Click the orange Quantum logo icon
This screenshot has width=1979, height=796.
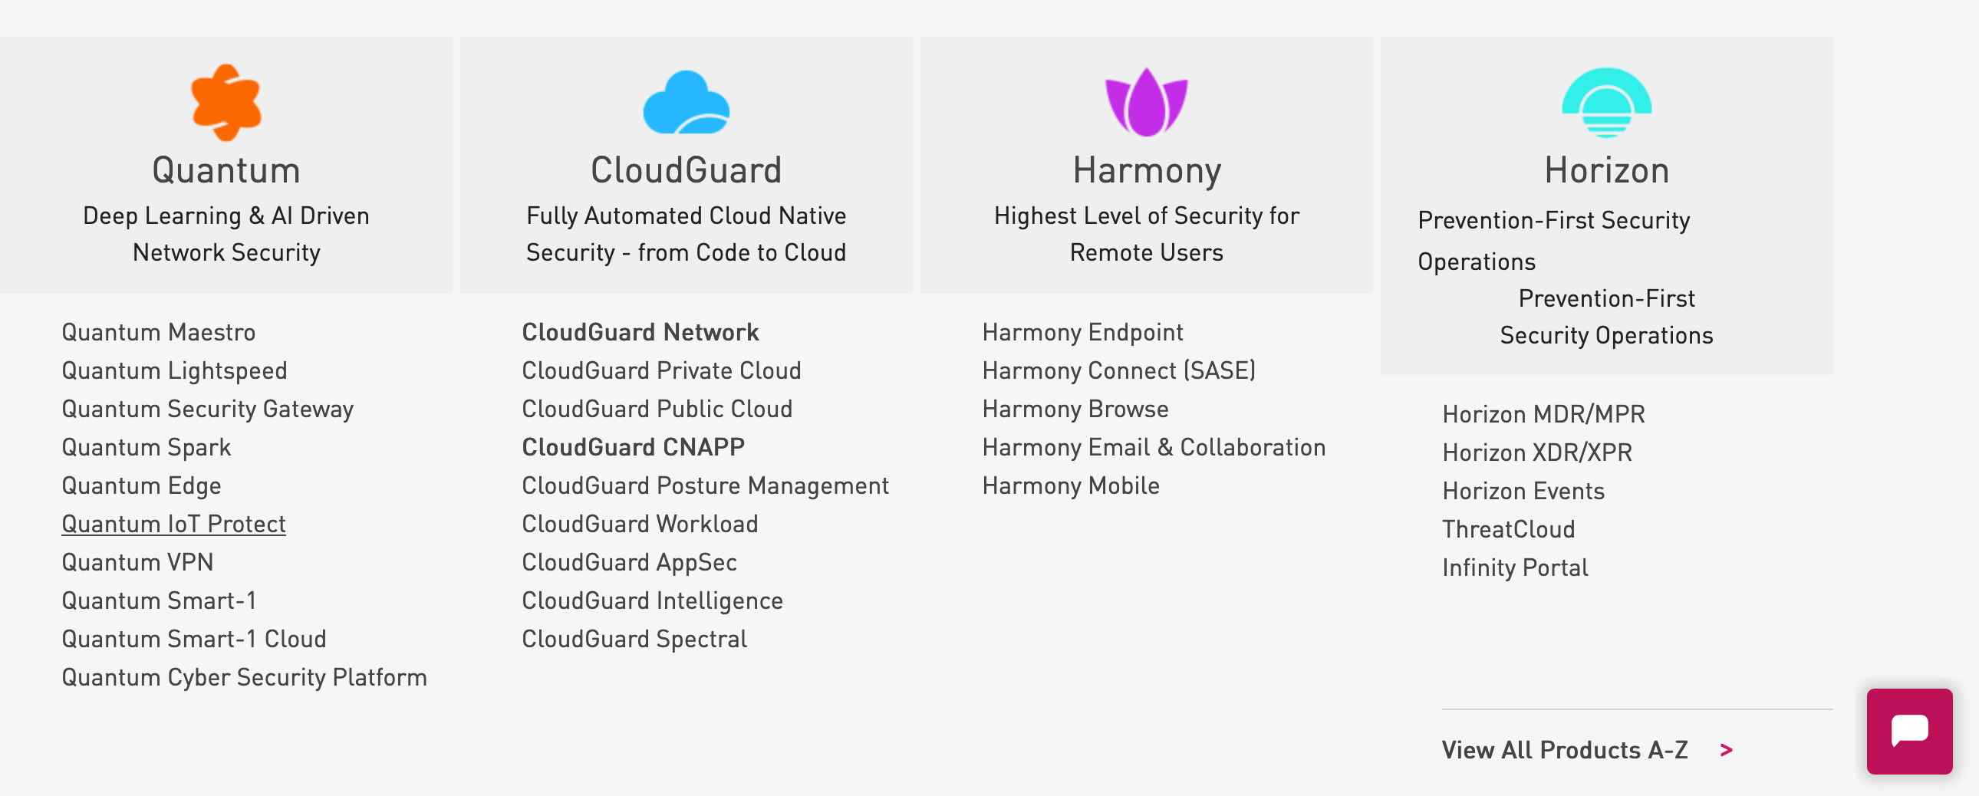tap(226, 103)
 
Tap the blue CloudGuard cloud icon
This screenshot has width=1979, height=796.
tap(686, 103)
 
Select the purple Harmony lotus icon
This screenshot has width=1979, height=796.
tap(1146, 103)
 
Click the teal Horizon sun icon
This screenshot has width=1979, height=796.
tap(1606, 103)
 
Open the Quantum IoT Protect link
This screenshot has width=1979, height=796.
tap(173, 524)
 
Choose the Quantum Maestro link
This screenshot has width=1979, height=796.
tap(158, 333)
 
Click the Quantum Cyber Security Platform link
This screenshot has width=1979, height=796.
tap(244, 678)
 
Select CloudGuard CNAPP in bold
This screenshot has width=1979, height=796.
tap(633, 447)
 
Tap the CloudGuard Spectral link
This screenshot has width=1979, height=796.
tap(634, 640)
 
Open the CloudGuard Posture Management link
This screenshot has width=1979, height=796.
tap(705, 485)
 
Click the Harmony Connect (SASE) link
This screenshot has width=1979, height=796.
tap(1118, 371)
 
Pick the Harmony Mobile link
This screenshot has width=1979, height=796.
tap(1071, 485)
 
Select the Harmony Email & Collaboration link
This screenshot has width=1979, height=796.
tap(1154, 447)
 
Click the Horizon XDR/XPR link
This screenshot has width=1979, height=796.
tap(1537, 452)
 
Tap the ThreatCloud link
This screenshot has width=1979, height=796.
tap(1509, 529)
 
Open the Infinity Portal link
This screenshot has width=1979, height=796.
tap(1515, 567)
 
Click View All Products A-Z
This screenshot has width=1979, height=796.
tap(1565, 750)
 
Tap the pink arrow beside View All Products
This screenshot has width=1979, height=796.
tap(1726, 751)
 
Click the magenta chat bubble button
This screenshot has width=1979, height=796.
tap(1909, 731)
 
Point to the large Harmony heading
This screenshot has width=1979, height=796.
tap(1146, 170)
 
